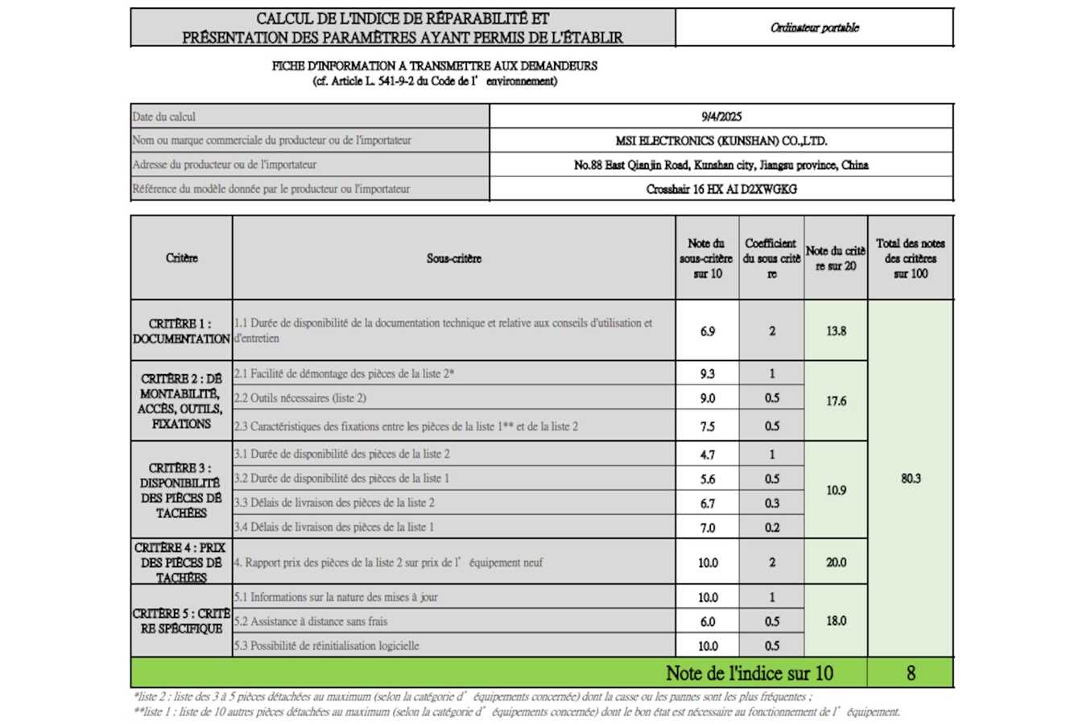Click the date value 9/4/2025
[721, 117]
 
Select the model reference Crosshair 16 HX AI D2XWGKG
[721, 189]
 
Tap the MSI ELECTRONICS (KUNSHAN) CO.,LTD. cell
[721, 141]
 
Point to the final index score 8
[911, 673]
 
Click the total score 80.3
[911, 479]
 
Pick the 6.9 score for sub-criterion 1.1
[707, 331]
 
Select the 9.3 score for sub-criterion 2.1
[707, 374]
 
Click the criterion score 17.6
[836, 401]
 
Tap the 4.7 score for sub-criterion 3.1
[707, 455]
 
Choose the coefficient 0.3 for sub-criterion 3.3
[771, 504]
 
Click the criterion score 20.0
[836, 562]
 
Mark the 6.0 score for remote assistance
[707, 622]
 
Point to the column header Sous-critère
[453, 258]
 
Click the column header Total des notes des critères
[911, 258]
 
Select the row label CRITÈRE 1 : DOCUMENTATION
[181, 331]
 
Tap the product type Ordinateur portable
[814, 28]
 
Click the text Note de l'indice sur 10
[749, 673]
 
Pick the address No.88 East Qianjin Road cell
[721, 165]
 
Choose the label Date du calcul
[164, 117]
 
